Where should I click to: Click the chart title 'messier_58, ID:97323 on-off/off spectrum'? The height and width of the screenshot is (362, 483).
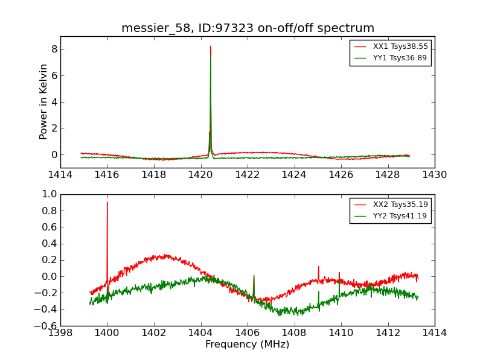(x=248, y=28)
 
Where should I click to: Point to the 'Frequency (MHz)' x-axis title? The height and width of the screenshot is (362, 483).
(x=248, y=345)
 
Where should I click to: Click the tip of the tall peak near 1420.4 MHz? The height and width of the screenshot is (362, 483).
(x=210, y=46)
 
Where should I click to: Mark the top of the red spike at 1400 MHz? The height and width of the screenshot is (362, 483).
(x=107, y=203)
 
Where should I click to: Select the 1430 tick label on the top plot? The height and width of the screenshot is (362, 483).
(x=434, y=175)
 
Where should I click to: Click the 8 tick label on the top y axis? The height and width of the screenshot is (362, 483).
(x=54, y=49)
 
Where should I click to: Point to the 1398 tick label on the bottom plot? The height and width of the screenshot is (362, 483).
(x=60, y=332)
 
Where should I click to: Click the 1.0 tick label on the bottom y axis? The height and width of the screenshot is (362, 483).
(x=49, y=194)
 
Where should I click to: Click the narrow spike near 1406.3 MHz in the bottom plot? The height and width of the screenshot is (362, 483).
(x=254, y=276)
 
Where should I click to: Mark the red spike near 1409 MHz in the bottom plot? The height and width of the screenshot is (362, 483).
(x=318, y=267)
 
